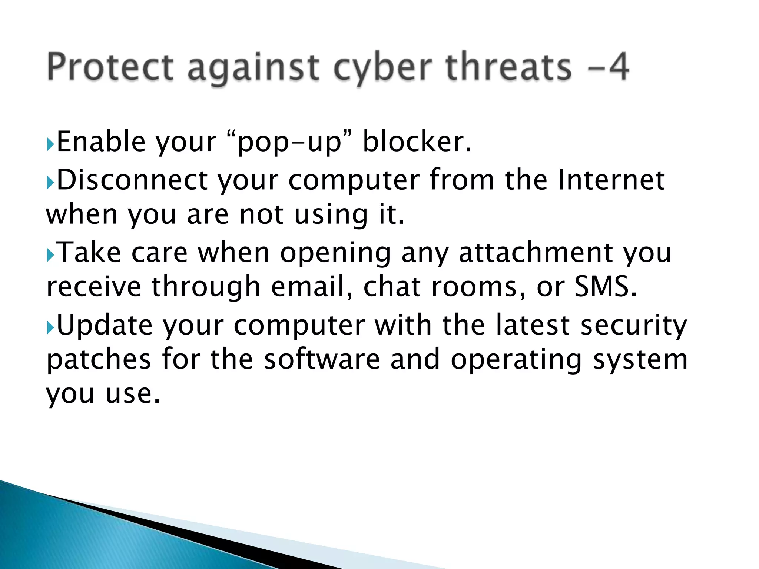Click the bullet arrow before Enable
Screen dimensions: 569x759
click(50, 143)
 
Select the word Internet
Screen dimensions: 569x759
click(611, 180)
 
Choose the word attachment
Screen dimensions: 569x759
click(536, 253)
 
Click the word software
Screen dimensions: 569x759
click(322, 359)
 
